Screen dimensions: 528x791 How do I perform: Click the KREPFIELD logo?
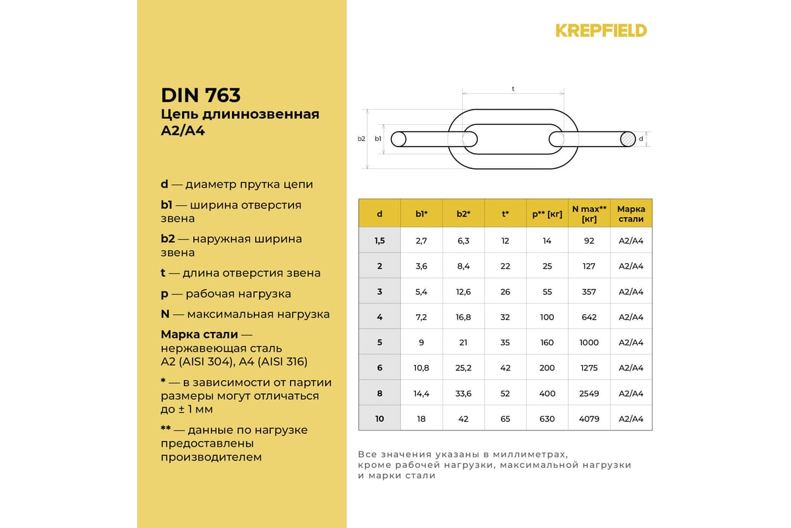[601, 30]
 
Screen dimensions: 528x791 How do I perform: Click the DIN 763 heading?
[200, 95]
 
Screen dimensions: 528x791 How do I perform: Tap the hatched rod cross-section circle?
[628, 139]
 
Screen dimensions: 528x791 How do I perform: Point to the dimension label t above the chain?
[513, 88]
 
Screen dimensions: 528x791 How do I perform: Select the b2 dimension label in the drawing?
[361, 139]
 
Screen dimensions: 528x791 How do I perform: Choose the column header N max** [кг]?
[589, 213]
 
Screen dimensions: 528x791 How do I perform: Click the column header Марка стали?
[631, 213]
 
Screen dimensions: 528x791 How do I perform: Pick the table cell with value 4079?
[589, 418]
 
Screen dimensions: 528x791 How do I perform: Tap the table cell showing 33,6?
[463, 393]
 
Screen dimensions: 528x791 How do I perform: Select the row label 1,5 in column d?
[380, 241]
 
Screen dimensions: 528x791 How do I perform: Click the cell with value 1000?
[589, 343]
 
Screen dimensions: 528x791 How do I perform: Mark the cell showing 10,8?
[421, 368]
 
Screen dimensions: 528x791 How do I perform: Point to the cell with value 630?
[547, 418]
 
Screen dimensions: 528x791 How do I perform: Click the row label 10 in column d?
[380, 418]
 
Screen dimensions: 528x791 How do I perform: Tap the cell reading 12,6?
[463, 292]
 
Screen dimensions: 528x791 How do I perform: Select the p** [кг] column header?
[547, 214]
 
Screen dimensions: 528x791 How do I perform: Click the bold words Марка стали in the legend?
[199, 334]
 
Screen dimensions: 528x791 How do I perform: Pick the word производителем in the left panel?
[211, 457]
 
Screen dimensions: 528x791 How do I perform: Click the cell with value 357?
[589, 292]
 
